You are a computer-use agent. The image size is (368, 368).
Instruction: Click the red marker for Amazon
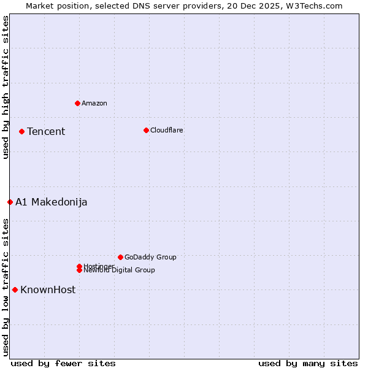tap(77, 103)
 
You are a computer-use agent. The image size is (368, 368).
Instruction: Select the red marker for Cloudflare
tap(146, 130)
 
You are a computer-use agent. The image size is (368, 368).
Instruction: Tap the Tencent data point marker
tap(21, 131)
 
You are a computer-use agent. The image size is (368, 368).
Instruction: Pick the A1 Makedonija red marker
tap(10, 202)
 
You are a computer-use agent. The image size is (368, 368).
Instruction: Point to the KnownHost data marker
tap(15, 289)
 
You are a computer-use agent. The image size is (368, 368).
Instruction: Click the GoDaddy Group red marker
tap(120, 257)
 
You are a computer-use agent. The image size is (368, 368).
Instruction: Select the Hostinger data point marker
tap(79, 266)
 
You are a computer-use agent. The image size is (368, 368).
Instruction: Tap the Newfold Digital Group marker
tap(79, 270)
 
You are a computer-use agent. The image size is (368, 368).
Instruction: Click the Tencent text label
tap(46, 131)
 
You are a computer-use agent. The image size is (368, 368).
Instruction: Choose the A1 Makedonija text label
tap(52, 202)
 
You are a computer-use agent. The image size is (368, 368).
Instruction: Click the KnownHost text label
tap(48, 289)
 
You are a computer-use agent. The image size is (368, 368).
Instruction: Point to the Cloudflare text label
tap(167, 130)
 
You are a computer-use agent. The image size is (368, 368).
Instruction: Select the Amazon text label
tap(94, 103)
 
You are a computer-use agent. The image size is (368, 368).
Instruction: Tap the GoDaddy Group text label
tap(150, 257)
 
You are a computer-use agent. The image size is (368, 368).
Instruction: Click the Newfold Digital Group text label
tap(120, 270)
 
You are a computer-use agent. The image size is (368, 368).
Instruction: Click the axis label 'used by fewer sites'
tap(63, 363)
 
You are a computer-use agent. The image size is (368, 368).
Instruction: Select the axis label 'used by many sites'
tap(308, 363)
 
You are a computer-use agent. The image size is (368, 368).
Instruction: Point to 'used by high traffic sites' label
tap(6, 87)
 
